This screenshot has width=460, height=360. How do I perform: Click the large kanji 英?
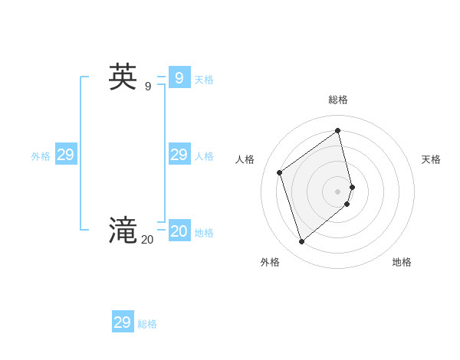point(123,77)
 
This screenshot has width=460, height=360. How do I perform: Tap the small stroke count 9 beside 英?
point(147,86)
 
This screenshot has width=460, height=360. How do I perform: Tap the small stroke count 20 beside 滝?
point(147,239)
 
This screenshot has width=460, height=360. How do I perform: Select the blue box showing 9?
point(179,77)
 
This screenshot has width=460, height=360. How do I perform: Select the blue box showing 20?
point(179,231)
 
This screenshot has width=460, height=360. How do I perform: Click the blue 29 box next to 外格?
point(66,155)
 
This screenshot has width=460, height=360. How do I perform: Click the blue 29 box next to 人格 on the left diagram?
point(179,155)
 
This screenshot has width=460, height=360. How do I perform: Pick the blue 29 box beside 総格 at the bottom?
point(123,322)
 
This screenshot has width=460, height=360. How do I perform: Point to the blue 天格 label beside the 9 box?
point(204,80)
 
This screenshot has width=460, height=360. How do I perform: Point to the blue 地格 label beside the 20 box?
point(204,233)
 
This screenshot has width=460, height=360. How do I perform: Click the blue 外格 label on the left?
point(41,156)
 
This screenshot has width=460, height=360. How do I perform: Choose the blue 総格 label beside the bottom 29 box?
point(147,324)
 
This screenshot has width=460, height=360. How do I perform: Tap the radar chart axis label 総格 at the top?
point(338,100)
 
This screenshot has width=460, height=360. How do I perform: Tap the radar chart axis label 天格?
point(431,159)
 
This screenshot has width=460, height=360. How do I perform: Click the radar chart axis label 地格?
point(402,262)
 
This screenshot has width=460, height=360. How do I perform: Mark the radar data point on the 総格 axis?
point(338,130)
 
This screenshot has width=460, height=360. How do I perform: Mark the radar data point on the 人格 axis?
point(280,172)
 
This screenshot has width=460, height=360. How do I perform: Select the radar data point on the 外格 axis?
point(302,241)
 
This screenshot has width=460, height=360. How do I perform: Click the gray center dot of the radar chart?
point(338,191)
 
